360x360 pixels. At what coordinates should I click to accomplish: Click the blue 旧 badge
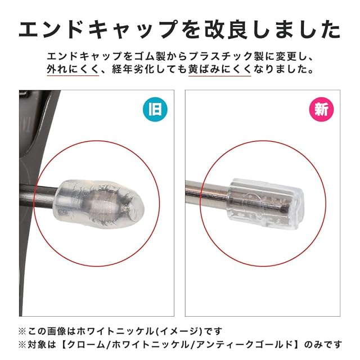[155, 109]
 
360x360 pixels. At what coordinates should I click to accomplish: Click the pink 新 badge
[321, 109]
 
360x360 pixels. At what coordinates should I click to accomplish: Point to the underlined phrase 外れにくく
[73, 69]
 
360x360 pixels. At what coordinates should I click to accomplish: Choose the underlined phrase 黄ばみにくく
[219, 69]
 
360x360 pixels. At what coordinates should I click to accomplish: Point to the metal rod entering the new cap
[207, 193]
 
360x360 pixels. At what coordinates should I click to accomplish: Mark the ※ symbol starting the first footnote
[22, 331]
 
